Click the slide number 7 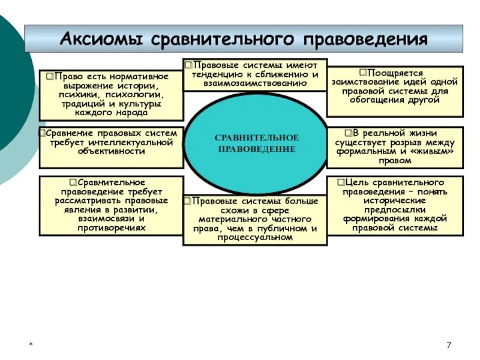point(448,344)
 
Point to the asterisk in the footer point(31,345)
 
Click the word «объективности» point(111,151)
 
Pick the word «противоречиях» point(111,228)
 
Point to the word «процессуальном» point(256,237)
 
